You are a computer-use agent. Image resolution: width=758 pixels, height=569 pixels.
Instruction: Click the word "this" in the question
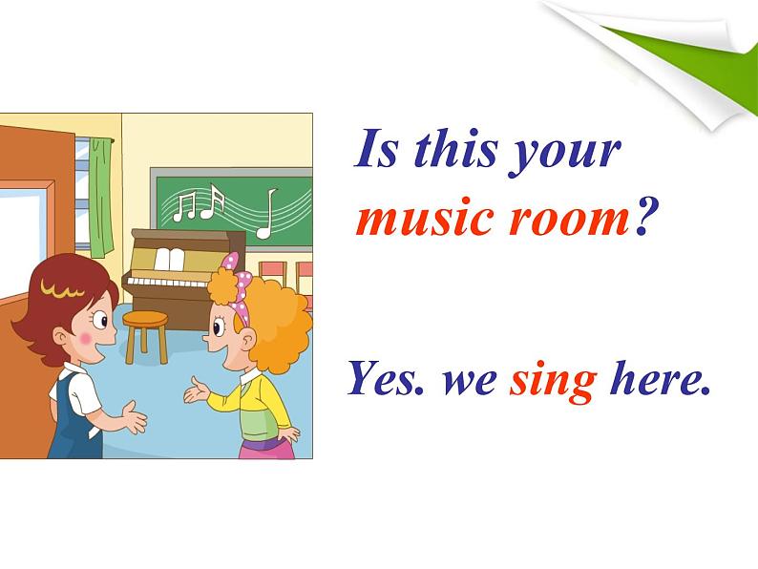coord(455,148)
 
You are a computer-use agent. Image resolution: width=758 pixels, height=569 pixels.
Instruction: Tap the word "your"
coord(564,154)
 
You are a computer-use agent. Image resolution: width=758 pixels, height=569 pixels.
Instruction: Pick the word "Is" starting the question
coord(376,148)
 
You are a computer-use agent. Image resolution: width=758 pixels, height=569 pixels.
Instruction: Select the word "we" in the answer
coord(469,385)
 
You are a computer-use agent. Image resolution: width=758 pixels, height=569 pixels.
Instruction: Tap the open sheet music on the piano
coord(169,260)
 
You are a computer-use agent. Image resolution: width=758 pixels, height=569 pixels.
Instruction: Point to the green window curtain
coord(101,198)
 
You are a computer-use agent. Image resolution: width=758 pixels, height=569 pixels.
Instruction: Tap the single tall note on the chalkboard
coord(266,214)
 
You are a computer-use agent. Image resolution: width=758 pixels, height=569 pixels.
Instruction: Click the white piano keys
coord(167,282)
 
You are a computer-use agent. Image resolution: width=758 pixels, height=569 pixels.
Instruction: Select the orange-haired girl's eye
coord(218,327)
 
